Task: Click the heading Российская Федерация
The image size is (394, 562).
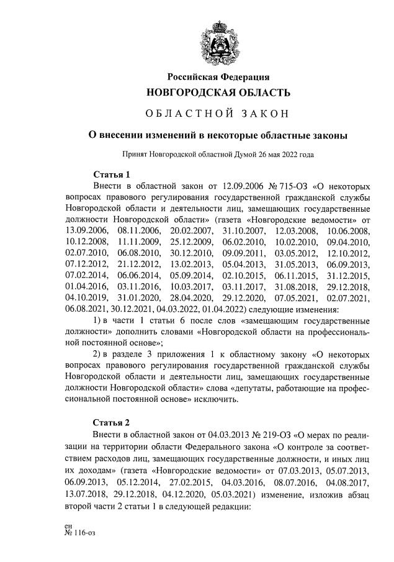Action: pyautogui.click(x=218, y=76)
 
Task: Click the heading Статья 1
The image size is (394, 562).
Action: pyautogui.click(x=112, y=174)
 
